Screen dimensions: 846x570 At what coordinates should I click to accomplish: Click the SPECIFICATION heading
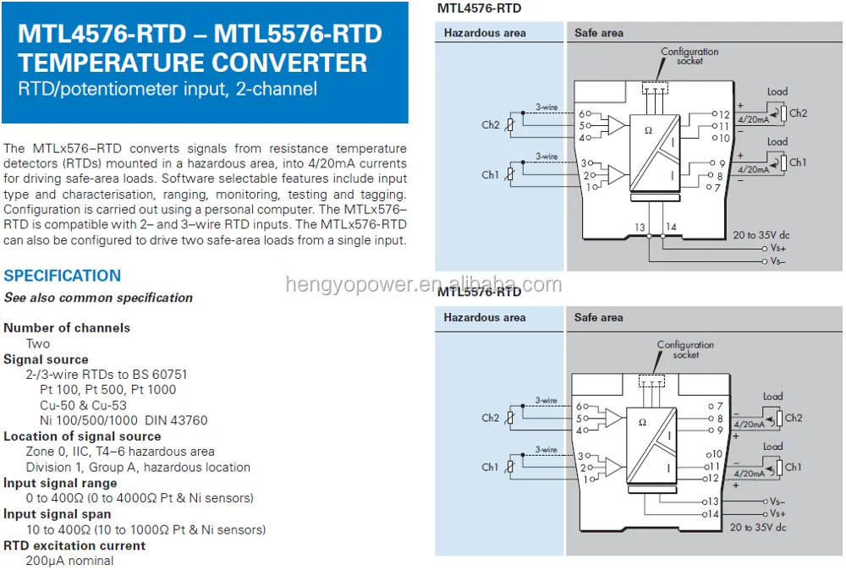(x=63, y=276)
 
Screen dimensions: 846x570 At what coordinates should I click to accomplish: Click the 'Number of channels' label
(x=67, y=327)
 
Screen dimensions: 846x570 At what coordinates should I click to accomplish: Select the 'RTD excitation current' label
(x=74, y=545)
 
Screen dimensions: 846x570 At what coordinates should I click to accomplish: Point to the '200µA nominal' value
(x=69, y=561)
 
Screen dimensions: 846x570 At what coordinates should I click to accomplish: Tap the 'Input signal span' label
(x=58, y=514)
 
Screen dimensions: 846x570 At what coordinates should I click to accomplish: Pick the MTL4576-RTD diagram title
(x=479, y=8)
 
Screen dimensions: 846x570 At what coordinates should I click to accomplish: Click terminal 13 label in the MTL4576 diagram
(x=639, y=227)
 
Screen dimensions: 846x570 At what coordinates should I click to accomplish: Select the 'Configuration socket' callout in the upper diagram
(x=689, y=56)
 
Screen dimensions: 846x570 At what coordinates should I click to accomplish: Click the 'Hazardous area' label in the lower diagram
(x=485, y=318)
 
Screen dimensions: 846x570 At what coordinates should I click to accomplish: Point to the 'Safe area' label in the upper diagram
(x=599, y=33)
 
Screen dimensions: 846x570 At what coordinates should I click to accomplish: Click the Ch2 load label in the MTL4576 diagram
(x=798, y=113)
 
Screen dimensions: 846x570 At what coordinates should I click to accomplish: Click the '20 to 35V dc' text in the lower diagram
(x=758, y=527)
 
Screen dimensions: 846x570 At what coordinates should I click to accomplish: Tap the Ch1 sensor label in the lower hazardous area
(x=491, y=467)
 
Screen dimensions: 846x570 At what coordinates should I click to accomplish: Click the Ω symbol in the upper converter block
(x=649, y=130)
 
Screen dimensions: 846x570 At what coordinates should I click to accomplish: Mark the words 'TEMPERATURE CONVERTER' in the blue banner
(x=193, y=63)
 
